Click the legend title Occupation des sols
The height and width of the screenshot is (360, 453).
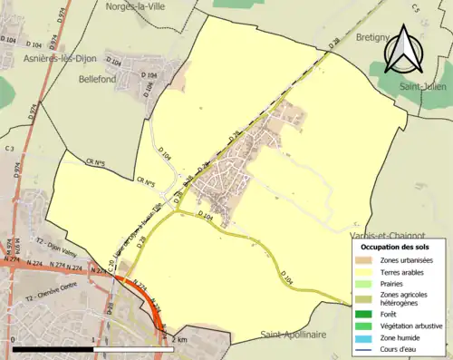395,247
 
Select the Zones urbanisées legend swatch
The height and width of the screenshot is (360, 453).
368,260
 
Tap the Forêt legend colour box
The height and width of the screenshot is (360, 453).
368,315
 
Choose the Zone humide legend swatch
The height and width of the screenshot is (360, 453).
368,336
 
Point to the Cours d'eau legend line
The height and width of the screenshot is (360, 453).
368,347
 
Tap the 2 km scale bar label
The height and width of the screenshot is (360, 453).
180,339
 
